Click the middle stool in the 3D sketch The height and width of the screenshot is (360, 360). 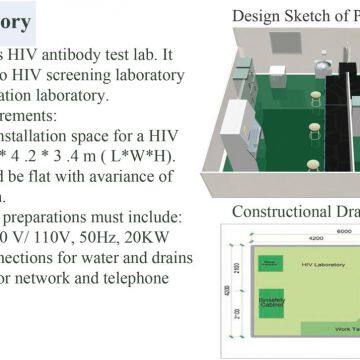(289, 129)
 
